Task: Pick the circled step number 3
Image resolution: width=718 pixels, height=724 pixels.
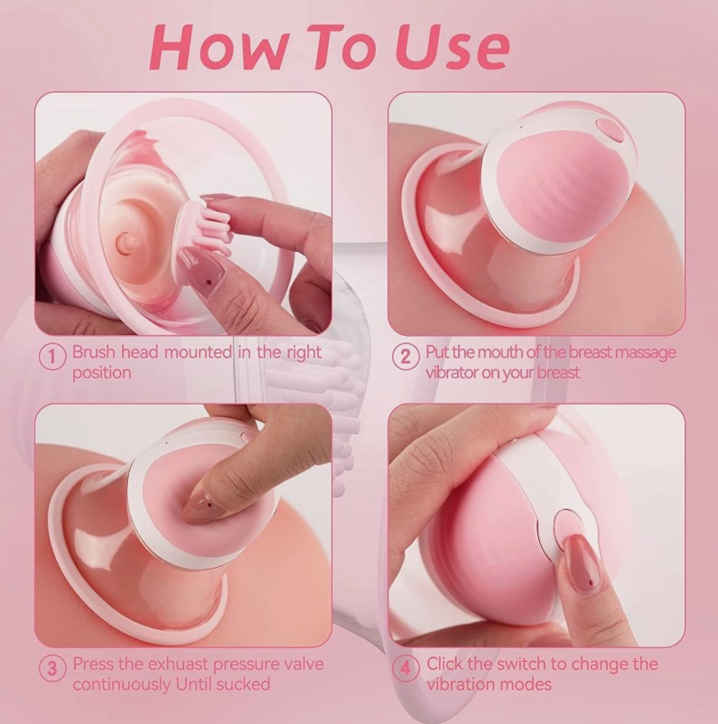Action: coord(54,669)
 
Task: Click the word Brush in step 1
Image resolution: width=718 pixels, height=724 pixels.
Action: coord(93,352)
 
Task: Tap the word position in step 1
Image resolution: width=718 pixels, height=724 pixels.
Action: coord(101,373)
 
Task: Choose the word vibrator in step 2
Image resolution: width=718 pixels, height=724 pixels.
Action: coord(454,373)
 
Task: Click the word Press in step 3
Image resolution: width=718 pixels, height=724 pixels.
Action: coord(93,664)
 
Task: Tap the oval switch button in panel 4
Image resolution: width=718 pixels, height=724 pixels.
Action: coord(567,524)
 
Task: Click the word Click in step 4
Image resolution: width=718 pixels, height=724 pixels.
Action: coord(446,664)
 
